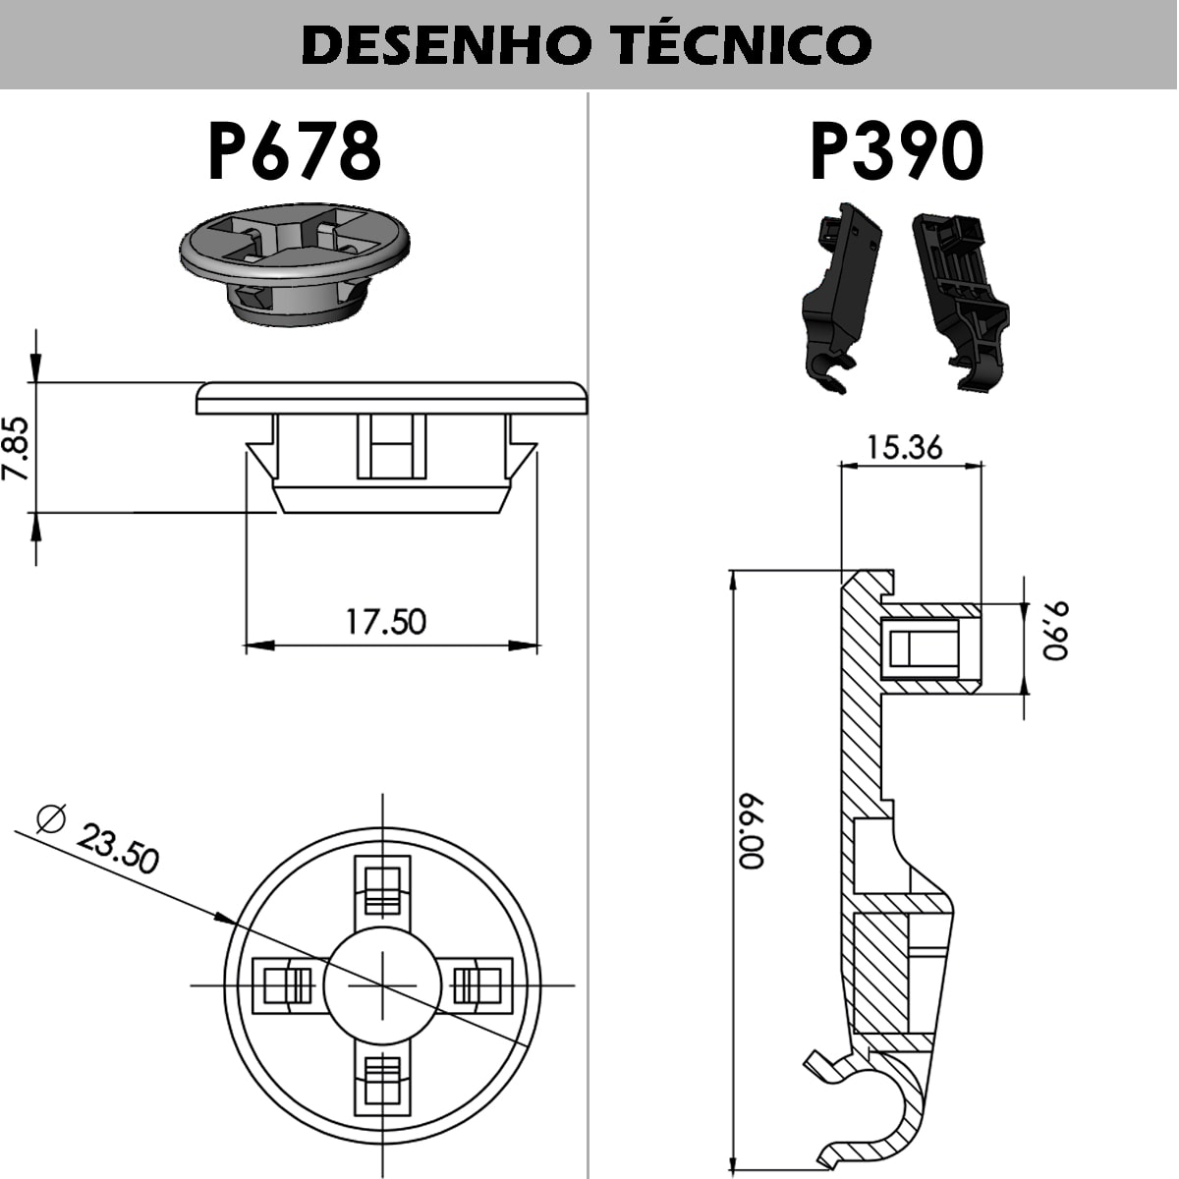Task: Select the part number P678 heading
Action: coord(295,151)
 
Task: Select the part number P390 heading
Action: coord(896,151)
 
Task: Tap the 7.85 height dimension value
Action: coord(17,448)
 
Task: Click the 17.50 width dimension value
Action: coord(385,622)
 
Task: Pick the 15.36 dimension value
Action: coord(904,448)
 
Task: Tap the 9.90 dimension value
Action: coord(1055,631)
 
